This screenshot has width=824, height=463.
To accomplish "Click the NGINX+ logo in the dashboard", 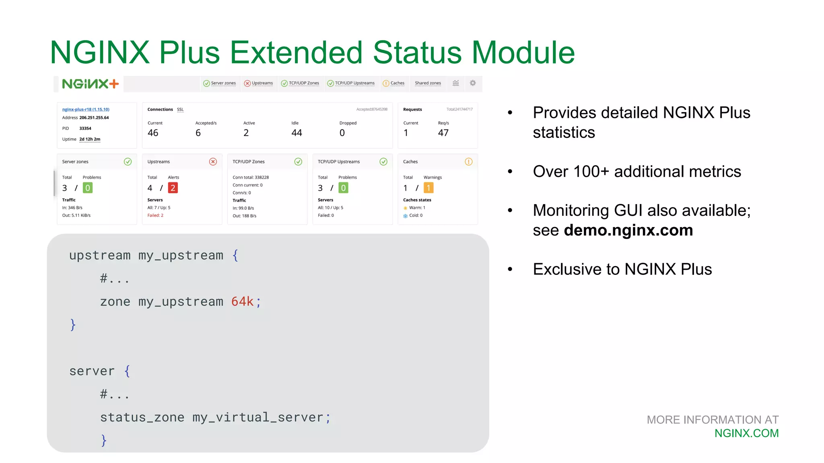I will pos(90,84).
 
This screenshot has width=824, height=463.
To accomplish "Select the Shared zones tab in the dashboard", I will pos(428,83).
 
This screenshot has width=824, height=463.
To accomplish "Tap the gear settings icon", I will pos(473,83).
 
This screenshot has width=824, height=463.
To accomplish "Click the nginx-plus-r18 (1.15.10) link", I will pos(86,109).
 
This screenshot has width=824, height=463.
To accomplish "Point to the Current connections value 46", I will pos(153,133).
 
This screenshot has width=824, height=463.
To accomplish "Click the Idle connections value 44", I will pos(297,133).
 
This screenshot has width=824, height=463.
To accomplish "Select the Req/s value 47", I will pos(443,133).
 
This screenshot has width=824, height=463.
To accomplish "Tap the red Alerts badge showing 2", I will pos(173,188).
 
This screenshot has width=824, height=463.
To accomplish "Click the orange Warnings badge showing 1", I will pos(428,188).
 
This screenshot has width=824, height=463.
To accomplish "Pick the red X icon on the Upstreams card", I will pos(213,162).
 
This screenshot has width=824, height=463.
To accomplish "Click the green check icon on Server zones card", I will pos(128,162).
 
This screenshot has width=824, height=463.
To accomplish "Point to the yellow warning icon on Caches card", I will pos(468,162).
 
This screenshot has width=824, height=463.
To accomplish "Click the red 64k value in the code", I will pos(242,301).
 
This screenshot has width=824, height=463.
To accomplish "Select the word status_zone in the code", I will pos(142,417).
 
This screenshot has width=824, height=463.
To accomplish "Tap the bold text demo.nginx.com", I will pos(628,230).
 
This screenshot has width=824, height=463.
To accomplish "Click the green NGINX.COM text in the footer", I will pos(746,433).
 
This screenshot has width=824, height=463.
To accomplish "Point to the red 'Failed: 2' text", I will pos(155,215).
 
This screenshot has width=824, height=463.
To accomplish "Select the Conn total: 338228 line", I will pos(251,177).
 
